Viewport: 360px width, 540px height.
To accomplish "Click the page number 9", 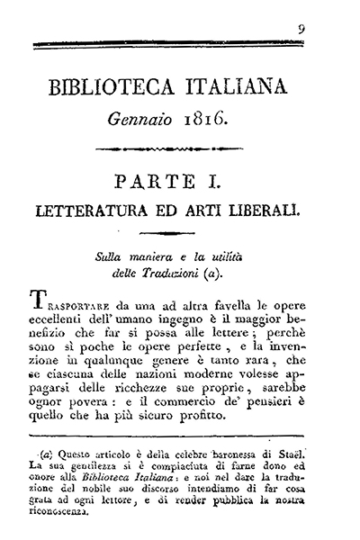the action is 302,29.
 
